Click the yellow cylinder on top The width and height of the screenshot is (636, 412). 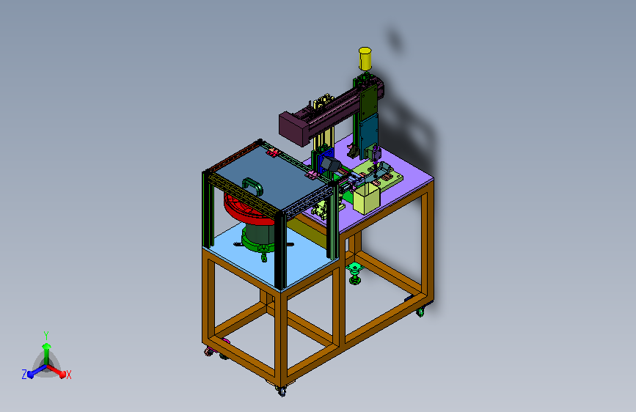tap(365, 59)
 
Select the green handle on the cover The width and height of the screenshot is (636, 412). tap(252, 185)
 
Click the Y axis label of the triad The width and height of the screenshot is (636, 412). tap(46, 335)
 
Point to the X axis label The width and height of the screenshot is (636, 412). tap(68, 375)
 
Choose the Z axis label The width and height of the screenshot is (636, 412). tap(24, 375)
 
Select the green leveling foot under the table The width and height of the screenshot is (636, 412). tap(355, 273)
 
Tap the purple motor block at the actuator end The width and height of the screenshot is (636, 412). tap(294, 128)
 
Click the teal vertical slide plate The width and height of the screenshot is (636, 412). tap(369, 134)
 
